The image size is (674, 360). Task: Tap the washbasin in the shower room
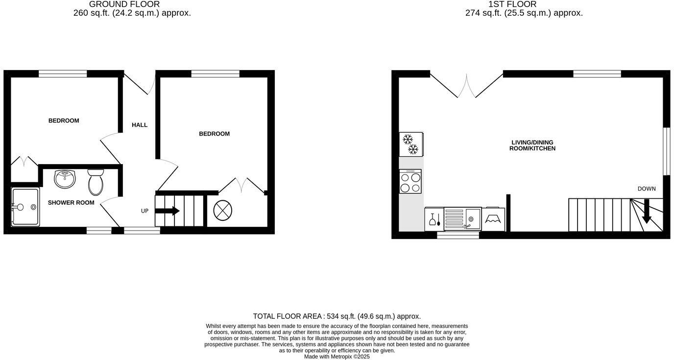pos(65,179)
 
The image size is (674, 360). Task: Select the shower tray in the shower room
pos(25,207)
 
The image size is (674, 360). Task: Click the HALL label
pos(140,125)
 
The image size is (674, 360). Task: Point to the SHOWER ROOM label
pos(71,203)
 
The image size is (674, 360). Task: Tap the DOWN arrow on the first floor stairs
pos(647,211)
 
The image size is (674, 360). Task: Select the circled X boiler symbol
pos(223,211)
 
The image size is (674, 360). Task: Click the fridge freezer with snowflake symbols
pos(411,144)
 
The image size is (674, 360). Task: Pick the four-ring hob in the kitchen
pos(410,182)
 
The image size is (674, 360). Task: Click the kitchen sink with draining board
pos(462,218)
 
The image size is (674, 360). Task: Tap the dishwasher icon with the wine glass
pos(434,219)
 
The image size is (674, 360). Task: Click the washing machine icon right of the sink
pos(493,219)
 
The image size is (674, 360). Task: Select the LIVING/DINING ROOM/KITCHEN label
pos(532,145)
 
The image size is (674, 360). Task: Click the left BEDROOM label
pos(64,120)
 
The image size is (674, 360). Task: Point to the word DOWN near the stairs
pos(647,189)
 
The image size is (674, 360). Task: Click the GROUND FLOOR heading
pos(124,4)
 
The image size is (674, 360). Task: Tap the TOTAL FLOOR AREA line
pos(337,316)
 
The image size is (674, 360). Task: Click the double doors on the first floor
pos(466,86)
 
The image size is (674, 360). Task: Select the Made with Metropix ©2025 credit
pos(337,357)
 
